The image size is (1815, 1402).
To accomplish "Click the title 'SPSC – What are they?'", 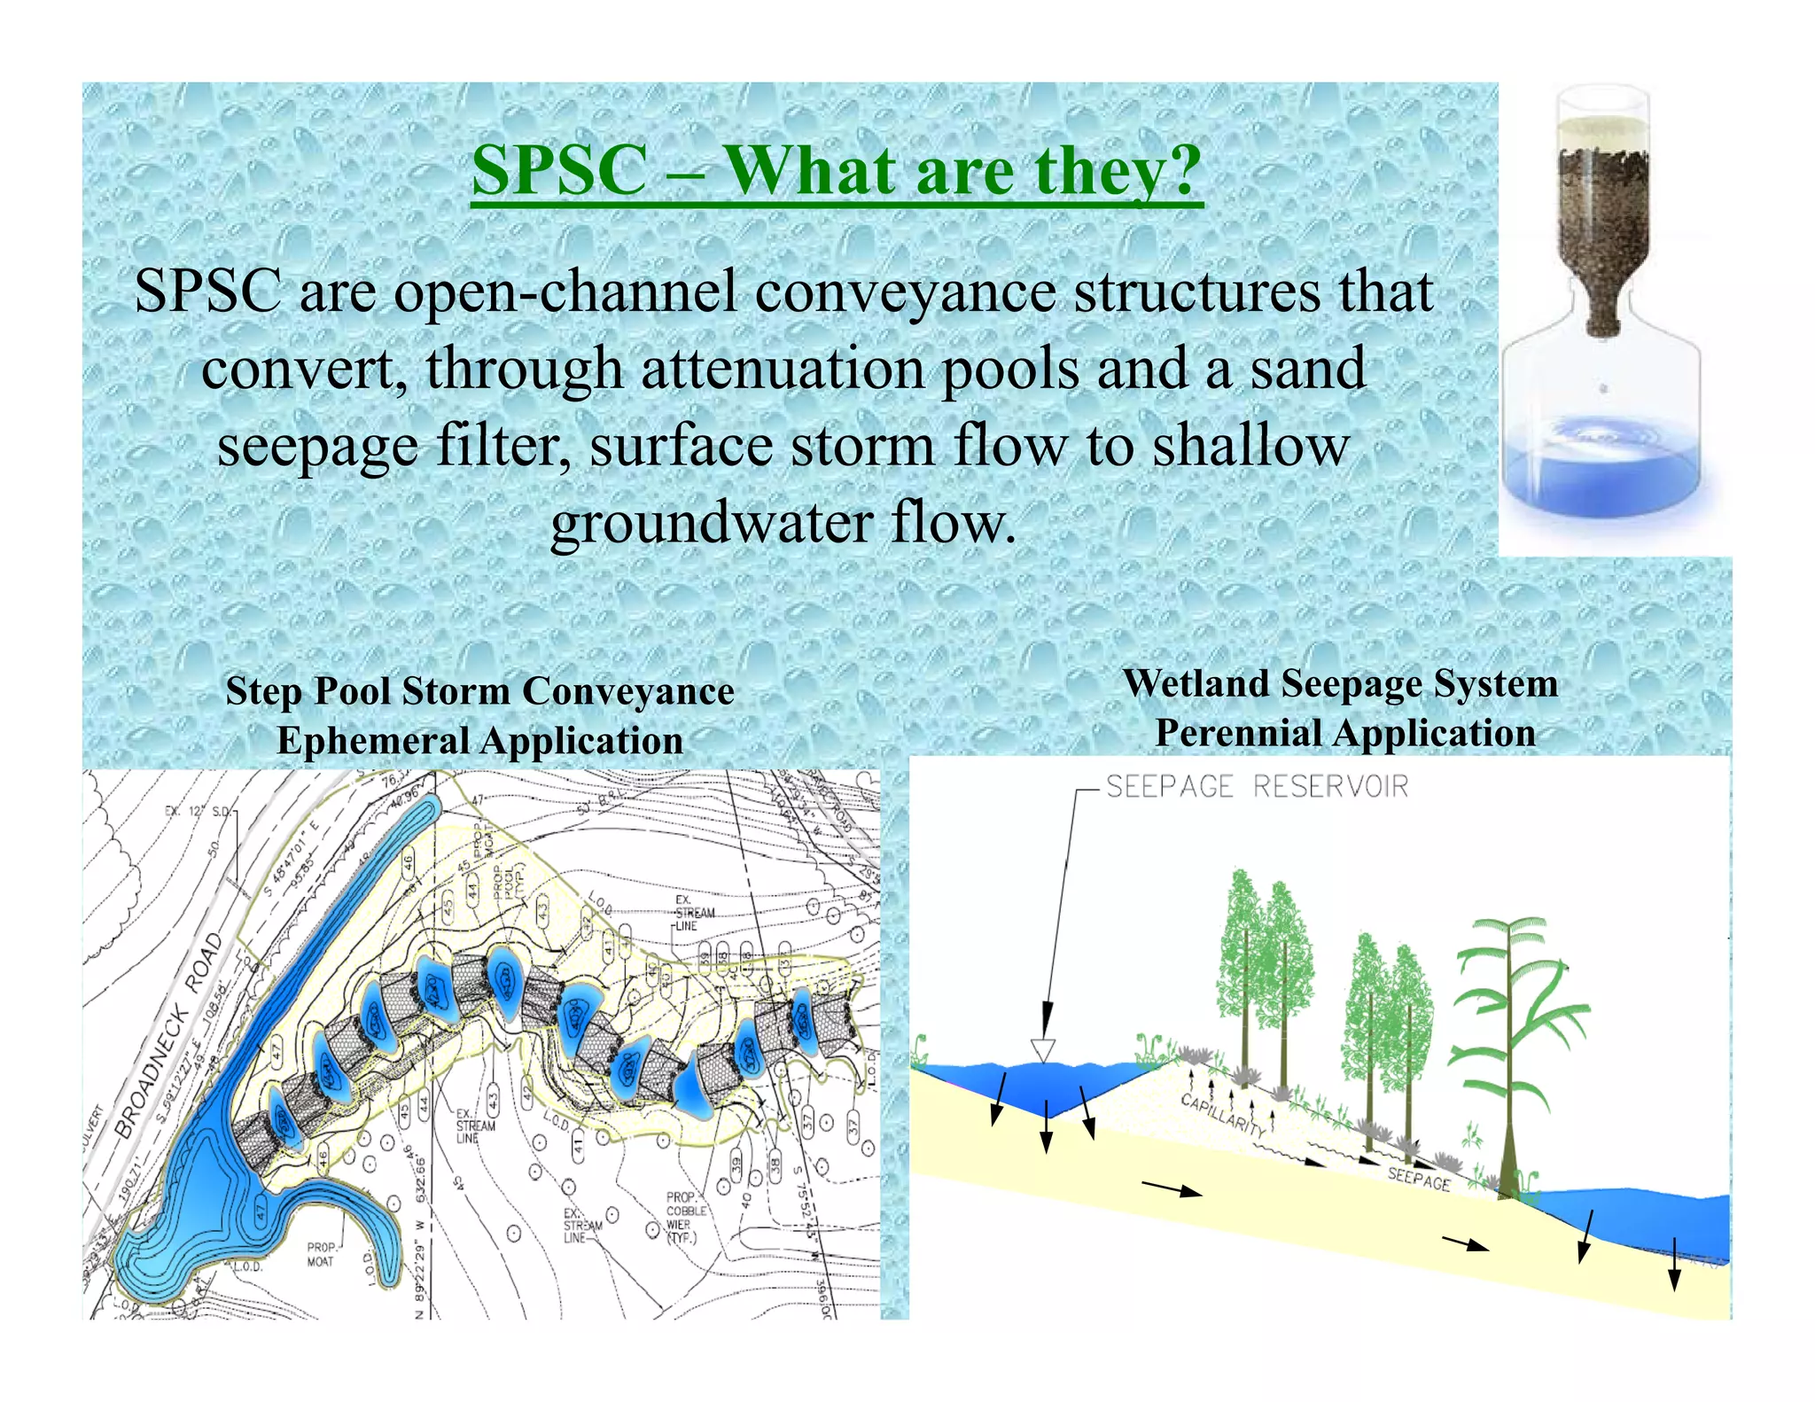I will pyautogui.click(x=836, y=170).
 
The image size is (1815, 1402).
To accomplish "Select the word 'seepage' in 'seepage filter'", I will pyautogui.click(x=317, y=447).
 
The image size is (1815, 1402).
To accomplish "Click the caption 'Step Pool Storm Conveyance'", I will pyautogui.click(x=479, y=691).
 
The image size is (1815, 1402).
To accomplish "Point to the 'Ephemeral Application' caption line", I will pyautogui.click(x=479, y=741).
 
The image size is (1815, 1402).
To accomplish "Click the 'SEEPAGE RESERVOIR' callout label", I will pyautogui.click(x=1257, y=787).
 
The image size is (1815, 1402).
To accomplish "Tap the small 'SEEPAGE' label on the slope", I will pyautogui.click(x=1418, y=1179).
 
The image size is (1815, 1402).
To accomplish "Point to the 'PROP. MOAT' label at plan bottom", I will pyautogui.click(x=321, y=1254).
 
